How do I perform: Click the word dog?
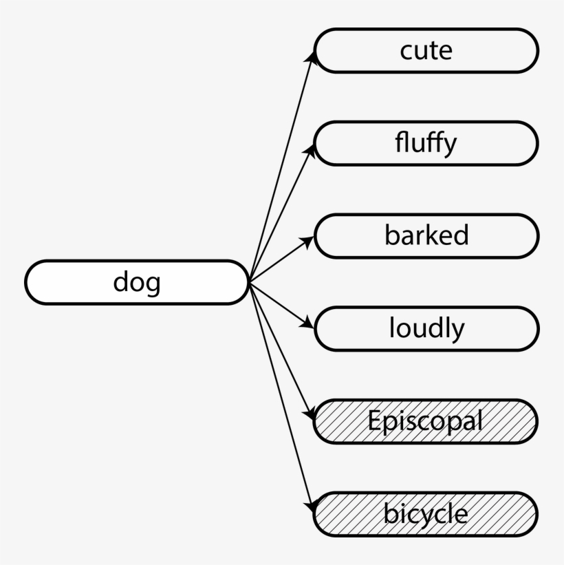click(x=137, y=282)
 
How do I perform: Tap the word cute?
click(x=426, y=50)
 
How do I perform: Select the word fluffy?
click(x=426, y=143)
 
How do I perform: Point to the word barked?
click(x=426, y=235)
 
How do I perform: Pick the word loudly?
click(x=426, y=328)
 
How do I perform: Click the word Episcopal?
click(x=425, y=421)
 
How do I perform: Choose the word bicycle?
click(x=426, y=514)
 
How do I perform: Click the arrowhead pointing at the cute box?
click(x=312, y=56)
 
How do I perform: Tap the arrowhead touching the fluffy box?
click(x=312, y=149)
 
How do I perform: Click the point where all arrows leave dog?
click(x=249, y=281)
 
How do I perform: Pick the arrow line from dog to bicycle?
click(x=281, y=396)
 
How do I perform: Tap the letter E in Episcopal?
click(x=373, y=420)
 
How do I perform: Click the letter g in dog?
click(x=152, y=284)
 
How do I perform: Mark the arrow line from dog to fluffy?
click(x=281, y=215)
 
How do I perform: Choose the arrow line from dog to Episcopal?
click(x=281, y=348)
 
